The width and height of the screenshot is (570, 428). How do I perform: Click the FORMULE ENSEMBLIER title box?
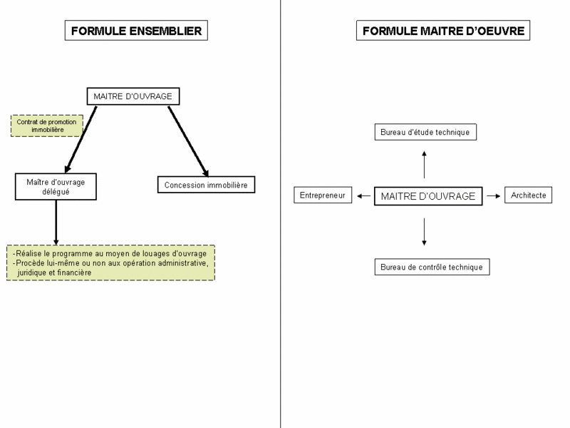tap(136, 31)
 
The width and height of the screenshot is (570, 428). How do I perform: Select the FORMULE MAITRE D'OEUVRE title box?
tap(443, 31)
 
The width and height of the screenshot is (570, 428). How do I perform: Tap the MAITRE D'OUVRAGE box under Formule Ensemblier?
tap(133, 96)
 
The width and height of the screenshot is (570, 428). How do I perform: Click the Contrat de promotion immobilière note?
tap(47, 126)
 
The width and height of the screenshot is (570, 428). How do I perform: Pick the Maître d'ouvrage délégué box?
tap(56, 187)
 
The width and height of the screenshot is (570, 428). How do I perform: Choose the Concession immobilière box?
tap(206, 185)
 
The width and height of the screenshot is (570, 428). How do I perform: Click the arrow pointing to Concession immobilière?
tap(188, 141)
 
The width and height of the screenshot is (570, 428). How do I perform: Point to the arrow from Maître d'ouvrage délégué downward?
tap(56, 223)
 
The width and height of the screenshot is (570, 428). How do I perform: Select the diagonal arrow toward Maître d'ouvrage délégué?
tap(81, 139)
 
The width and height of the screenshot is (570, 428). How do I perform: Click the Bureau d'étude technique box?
tap(425, 132)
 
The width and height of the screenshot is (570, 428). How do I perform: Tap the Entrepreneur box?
tap(323, 195)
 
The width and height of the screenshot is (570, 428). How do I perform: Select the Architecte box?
tap(528, 195)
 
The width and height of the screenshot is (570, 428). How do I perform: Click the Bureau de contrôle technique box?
tap(432, 267)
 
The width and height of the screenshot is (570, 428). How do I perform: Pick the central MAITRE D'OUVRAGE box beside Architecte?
tap(428, 196)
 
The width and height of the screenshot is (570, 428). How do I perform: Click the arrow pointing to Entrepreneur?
tap(363, 196)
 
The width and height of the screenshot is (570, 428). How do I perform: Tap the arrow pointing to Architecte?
tap(494, 196)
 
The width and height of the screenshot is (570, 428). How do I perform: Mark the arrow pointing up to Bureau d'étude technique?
tap(424, 165)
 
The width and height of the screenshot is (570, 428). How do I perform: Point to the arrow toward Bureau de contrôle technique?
tap(424, 232)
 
